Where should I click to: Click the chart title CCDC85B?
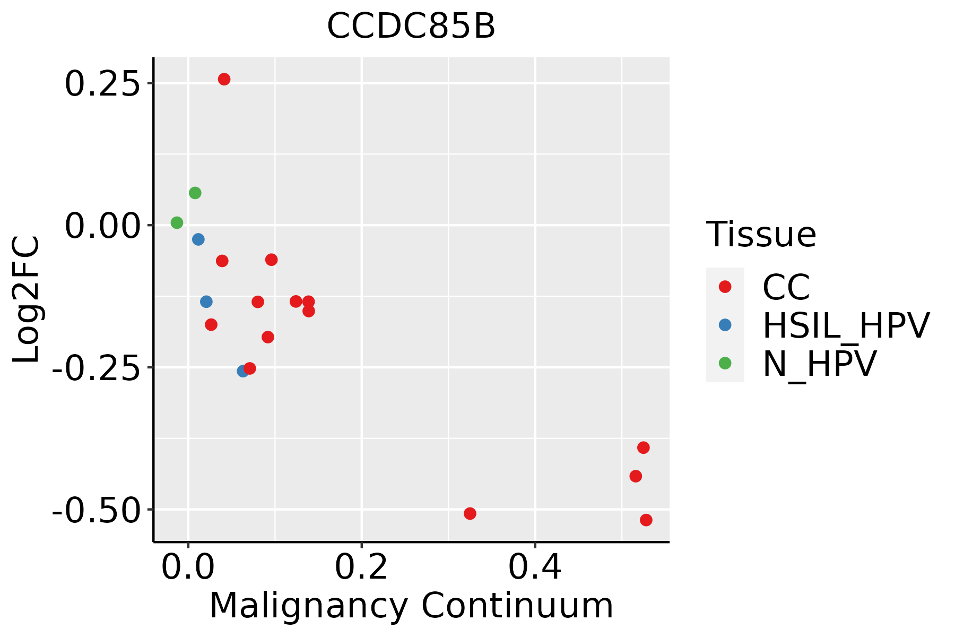point(411,27)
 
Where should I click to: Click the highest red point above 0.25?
point(224,79)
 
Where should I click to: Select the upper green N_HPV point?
point(195,193)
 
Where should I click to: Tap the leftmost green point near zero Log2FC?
point(177,222)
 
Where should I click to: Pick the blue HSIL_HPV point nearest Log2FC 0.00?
point(198,239)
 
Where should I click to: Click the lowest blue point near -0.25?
point(243,371)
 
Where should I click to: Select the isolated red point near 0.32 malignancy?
point(470,513)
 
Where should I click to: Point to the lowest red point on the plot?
point(646,520)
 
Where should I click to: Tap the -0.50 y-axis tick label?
point(95,512)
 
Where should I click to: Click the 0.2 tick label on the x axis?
point(361,568)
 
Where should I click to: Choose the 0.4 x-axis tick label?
point(535,568)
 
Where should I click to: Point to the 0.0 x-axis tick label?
point(188,568)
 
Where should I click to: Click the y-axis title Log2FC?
point(27,299)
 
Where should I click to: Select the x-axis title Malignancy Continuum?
point(411,606)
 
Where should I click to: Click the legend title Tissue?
point(761,234)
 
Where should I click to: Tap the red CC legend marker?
point(725,287)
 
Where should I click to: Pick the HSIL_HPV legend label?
point(846,325)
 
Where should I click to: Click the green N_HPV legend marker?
point(725,363)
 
